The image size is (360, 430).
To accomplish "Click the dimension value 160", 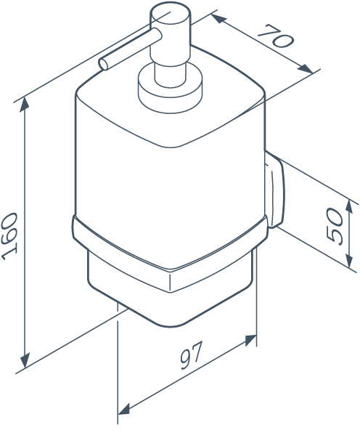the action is coord(9,236).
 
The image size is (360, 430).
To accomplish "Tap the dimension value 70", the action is coord(276,36).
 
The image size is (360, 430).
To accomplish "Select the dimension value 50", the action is coord(335,225).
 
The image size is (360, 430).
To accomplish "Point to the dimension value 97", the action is coord(192,355).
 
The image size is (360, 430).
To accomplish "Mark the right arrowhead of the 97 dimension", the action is coord(250,341).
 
